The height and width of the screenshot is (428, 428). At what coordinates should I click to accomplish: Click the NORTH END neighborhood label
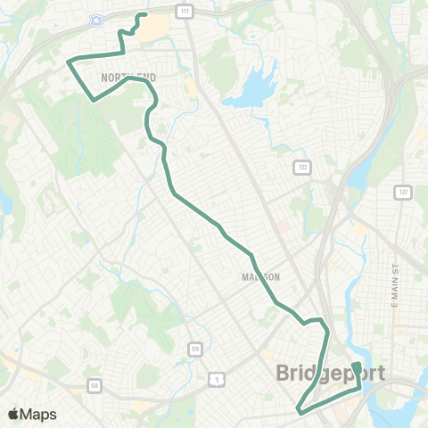tap(128, 78)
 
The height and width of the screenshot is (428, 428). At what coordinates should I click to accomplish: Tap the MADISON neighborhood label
tap(261, 276)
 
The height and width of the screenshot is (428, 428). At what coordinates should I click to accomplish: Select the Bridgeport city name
tap(331, 373)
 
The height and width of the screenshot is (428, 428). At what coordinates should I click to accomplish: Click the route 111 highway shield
tap(184, 10)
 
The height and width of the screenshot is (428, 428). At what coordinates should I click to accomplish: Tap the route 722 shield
tap(303, 166)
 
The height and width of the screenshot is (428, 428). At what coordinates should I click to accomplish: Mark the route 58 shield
tap(95, 385)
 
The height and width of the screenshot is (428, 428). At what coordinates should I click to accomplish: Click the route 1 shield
tap(215, 379)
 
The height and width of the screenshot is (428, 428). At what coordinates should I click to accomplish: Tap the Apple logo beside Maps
tap(14, 414)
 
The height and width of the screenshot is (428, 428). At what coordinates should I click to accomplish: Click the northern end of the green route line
tap(145, 14)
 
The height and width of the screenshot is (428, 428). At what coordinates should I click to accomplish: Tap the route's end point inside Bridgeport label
tap(355, 366)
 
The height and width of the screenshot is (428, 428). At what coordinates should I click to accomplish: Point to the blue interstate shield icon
tap(96, 20)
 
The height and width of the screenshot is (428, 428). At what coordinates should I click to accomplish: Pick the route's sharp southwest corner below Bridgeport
tap(298, 409)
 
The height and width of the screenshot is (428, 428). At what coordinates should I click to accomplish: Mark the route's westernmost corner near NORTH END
tap(68, 61)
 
